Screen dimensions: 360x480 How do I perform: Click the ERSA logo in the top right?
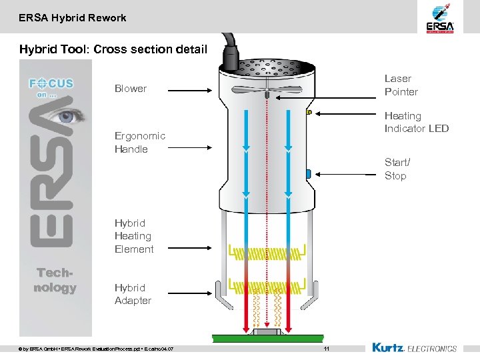(x=440, y=18)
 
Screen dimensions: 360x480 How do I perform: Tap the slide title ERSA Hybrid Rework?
(x=73, y=18)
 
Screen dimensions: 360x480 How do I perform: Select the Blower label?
(x=131, y=89)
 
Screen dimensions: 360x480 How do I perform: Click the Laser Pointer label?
(x=401, y=85)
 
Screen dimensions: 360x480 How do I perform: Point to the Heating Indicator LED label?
(x=416, y=122)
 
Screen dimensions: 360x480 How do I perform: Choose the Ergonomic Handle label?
(x=139, y=142)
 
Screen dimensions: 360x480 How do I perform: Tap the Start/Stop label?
(x=397, y=169)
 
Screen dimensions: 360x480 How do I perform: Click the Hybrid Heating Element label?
(x=134, y=236)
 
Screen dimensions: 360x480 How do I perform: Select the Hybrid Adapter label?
(x=133, y=294)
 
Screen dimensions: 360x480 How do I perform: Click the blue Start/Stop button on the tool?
(x=309, y=174)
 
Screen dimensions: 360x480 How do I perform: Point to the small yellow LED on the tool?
(x=309, y=113)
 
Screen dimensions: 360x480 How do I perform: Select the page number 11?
(x=326, y=349)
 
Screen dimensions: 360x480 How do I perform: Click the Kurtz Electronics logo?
(x=414, y=348)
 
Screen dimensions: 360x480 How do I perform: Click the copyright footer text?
(x=97, y=349)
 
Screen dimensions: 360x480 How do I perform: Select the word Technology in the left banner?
(x=55, y=281)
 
